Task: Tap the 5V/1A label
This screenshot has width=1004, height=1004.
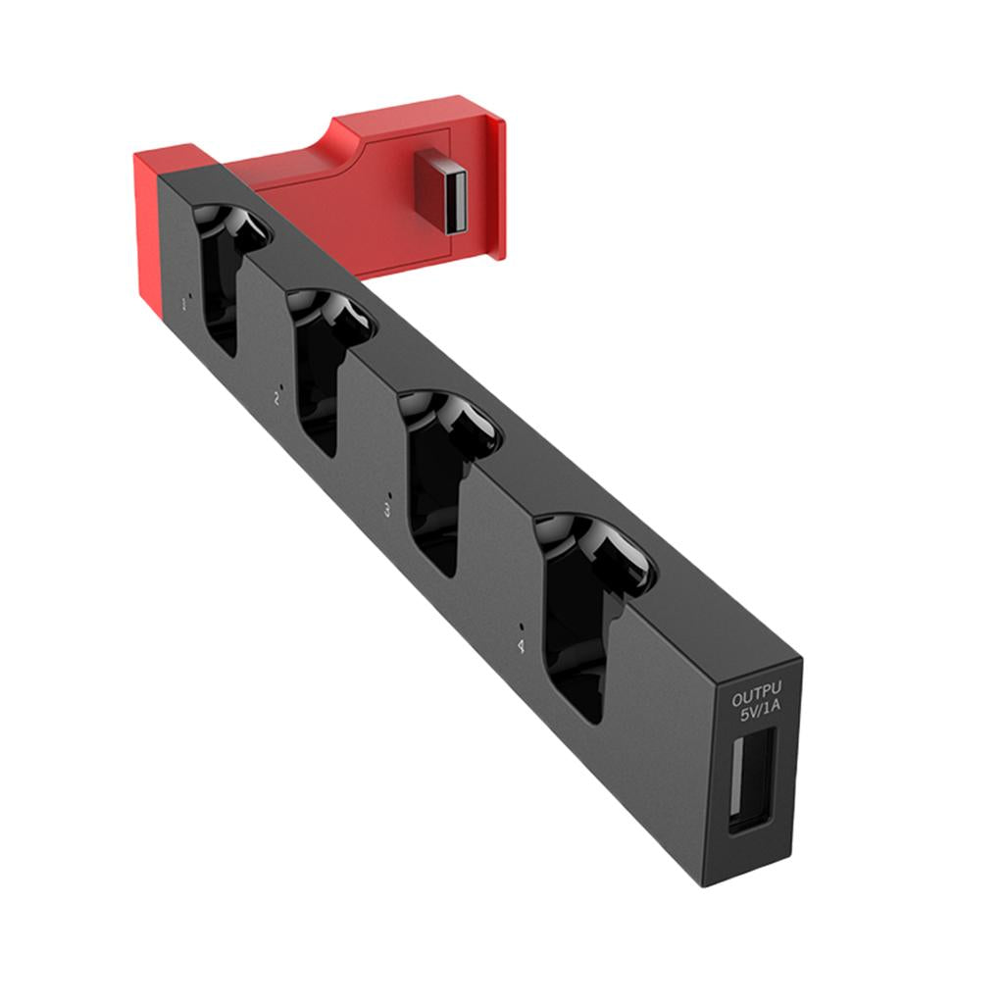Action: [761, 718]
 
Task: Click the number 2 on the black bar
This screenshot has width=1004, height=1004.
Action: [276, 400]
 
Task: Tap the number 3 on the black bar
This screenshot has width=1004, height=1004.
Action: [386, 511]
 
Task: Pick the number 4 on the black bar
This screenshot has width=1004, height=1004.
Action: [520, 645]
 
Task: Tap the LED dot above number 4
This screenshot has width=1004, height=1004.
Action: [523, 626]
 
